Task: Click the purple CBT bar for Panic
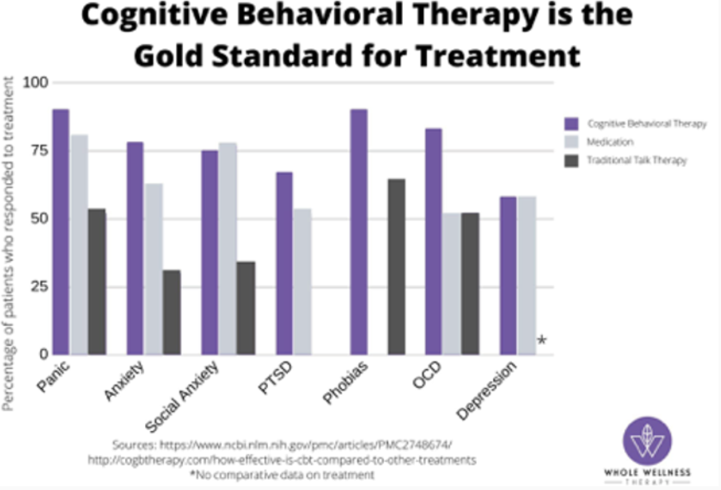61,232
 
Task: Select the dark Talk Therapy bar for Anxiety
172,312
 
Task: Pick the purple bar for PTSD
284,263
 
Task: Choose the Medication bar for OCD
452,284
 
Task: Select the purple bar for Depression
508,276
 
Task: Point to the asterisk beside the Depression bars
542,341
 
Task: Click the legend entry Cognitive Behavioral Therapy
647,124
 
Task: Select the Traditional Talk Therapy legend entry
636,160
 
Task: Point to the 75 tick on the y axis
39,151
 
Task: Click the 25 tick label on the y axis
39,286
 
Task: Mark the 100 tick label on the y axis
37,82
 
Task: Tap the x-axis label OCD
427,378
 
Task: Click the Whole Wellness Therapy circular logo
647,441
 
